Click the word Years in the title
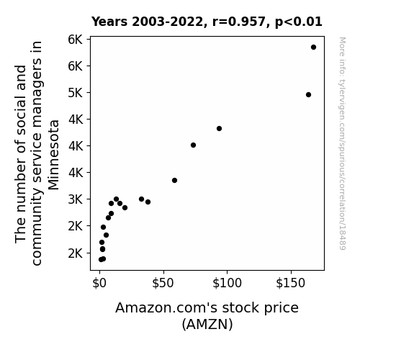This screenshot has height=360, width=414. pyautogui.click(x=109, y=22)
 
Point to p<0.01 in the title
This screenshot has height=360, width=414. pyautogui.click(x=299, y=22)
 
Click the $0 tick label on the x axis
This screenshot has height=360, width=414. pyautogui.click(x=99, y=283)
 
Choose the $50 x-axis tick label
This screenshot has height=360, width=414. pyautogui.click(x=163, y=283)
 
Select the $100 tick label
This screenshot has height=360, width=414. pyautogui.click(x=227, y=283)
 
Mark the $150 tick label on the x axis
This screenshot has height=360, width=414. pyautogui.click(x=290, y=283)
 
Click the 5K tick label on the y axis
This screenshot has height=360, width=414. pyautogui.click(x=76, y=93)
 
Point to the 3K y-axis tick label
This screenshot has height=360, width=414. pyautogui.click(x=76, y=199)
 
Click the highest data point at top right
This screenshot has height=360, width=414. pyautogui.click(x=313, y=48)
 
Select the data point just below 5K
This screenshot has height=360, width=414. pyautogui.click(x=308, y=94)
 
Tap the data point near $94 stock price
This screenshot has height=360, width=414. pyautogui.click(x=219, y=129)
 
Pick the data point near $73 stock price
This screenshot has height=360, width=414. pyautogui.click(x=193, y=145)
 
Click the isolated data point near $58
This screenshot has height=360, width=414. pyautogui.click(x=174, y=181)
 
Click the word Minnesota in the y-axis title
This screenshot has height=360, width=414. pyautogui.click(x=54, y=155)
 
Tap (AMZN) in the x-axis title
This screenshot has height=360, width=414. pyautogui.click(x=207, y=324)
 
